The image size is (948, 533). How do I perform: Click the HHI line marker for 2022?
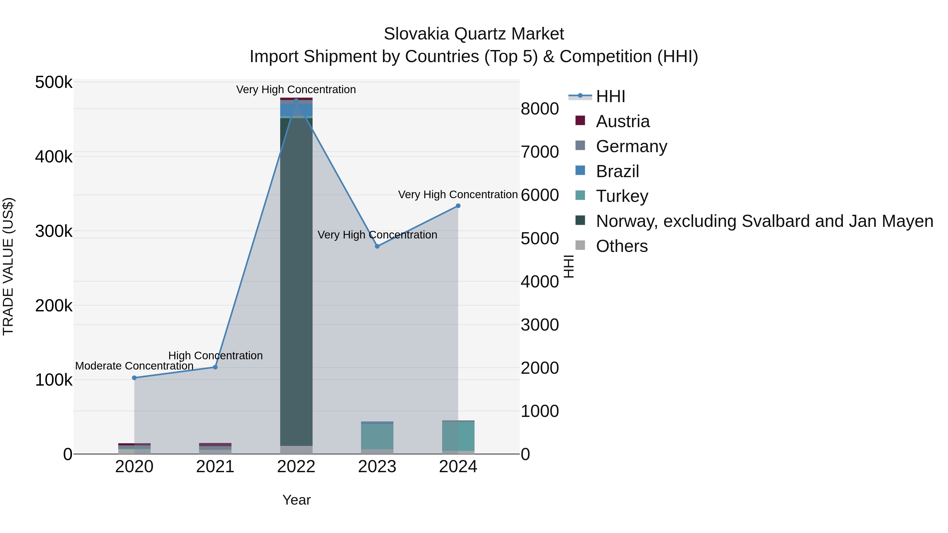pyautogui.click(x=296, y=101)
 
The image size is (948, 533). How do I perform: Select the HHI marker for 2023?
pyautogui.click(x=377, y=246)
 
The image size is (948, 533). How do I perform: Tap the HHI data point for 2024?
pyautogui.click(x=458, y=206)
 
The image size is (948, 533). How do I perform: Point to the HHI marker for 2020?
pyautogui.click(x=134, y=378)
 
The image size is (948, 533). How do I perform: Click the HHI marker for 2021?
pyautogui.click(x=215, y=367)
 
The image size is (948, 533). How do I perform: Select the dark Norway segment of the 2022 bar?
pyautogui.click(x=296, y=280)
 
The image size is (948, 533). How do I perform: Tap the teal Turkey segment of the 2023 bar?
pyautogui.click(x=377, y=436)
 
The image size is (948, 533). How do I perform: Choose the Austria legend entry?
pyautogui.click(x=623, y=121)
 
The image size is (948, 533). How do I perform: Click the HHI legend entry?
pyautogui.click(x=610, y=96)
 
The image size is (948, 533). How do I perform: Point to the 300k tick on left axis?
pyautogui.click(x=54, y=231)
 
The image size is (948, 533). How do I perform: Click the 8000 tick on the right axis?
pyautogui.click(x=540, y=109)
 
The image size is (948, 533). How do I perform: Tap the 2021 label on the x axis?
pyautogui.click(x=215, y=467)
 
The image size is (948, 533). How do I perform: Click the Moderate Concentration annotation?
pyautogui.click(x=134, y=366)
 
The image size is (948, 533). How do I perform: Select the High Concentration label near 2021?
pyautogui.click(x=215, y=356)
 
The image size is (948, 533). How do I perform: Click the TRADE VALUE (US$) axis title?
pyautogui.click(x=8, y=266)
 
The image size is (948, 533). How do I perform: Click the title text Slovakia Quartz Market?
pyautogui.click(x=474, y=34)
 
